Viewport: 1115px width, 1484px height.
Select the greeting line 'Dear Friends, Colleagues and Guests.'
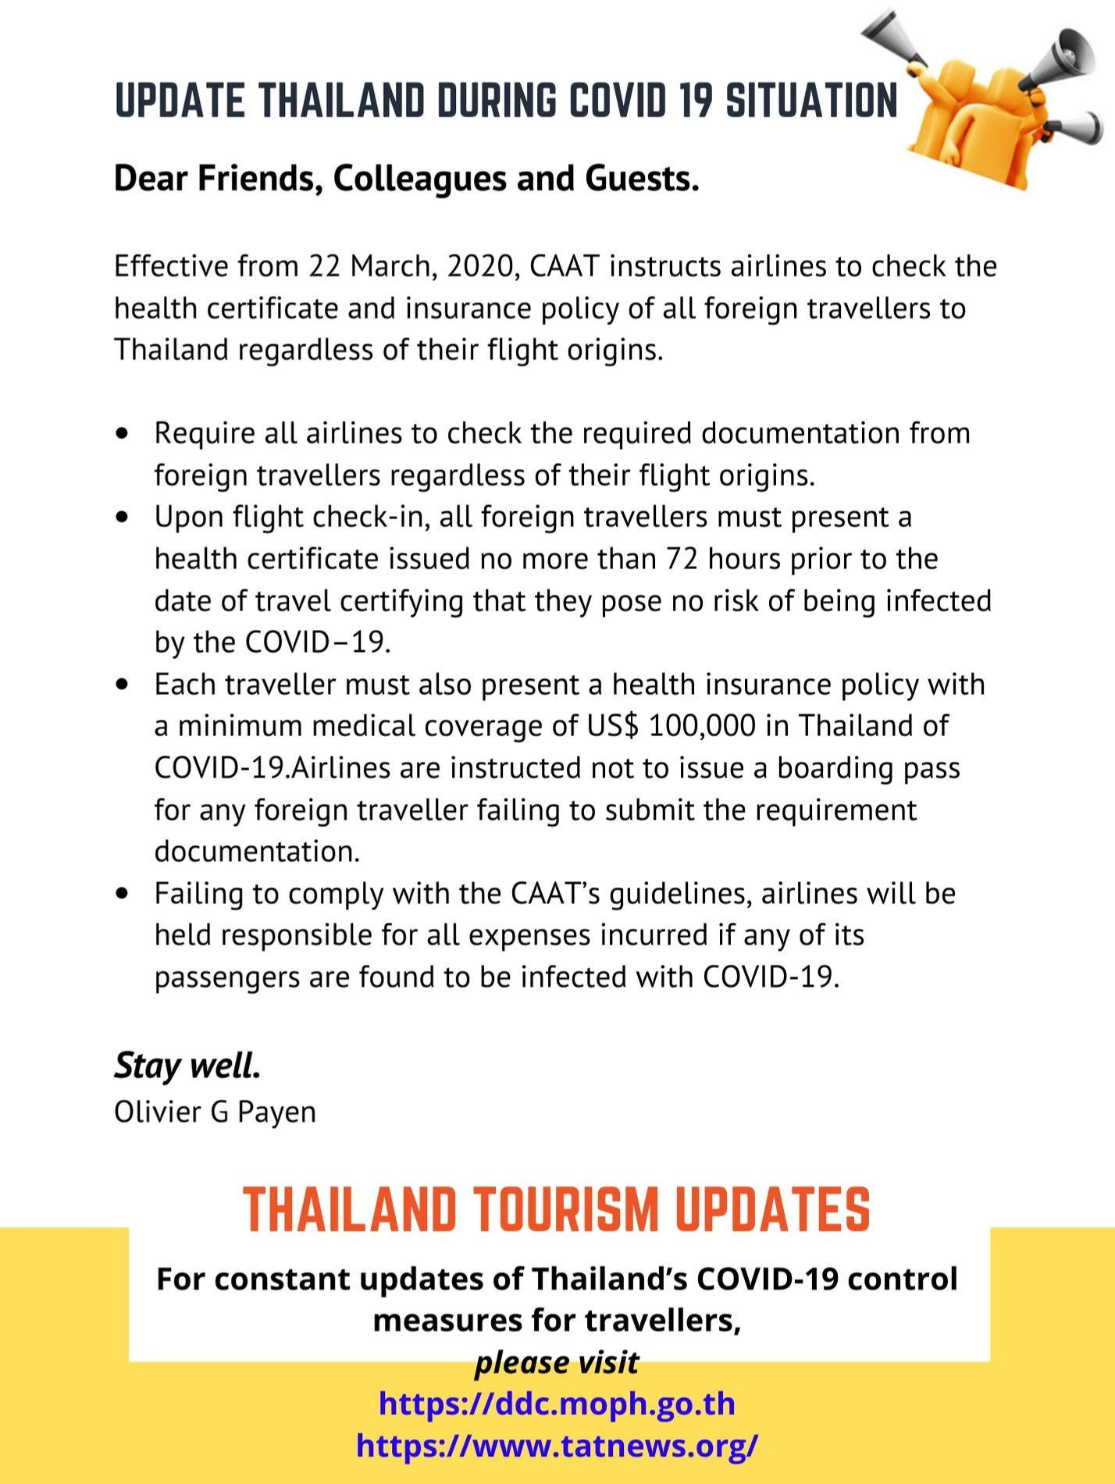406,178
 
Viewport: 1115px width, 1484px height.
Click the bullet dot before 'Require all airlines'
121,433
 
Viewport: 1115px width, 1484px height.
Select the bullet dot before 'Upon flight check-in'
121,517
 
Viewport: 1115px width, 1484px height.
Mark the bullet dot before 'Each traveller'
121,685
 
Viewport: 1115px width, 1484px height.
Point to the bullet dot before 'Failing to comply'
121,893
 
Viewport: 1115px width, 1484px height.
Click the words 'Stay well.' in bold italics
187,1066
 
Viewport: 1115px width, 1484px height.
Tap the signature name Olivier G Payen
215,1112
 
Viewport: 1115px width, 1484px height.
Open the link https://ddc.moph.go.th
557,1404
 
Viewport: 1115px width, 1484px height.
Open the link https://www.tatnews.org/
557,1445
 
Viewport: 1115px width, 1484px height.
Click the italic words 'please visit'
557,1362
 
